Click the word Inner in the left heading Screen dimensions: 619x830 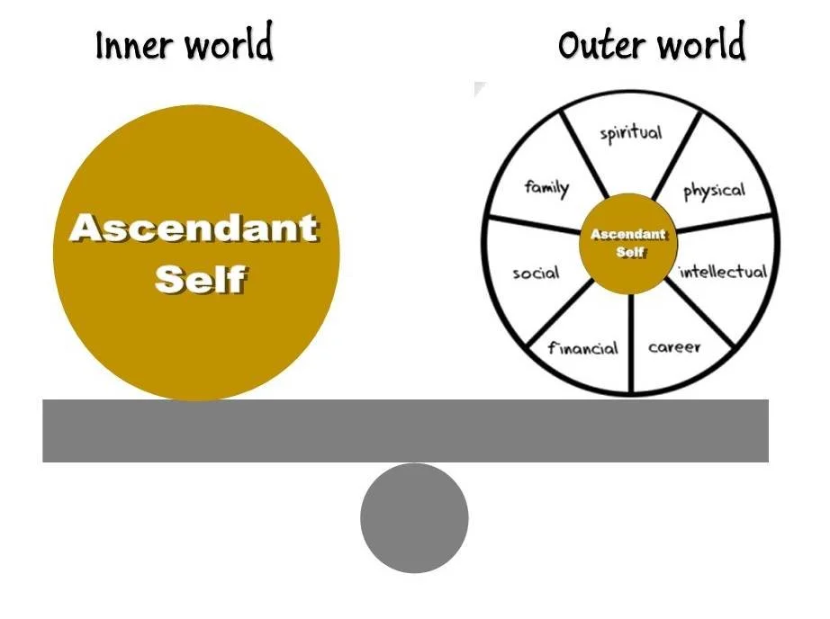pyautogui.click(x=135, y=44)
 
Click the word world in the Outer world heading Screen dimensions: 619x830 pyautogui.click(x=702, y=44)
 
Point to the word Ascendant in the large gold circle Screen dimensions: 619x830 pyautogui.click(x=194, y=228)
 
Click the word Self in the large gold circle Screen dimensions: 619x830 pyautogui.click(x=200, y=279)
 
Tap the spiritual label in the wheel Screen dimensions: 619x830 pyautogui.click(x=630, y=133)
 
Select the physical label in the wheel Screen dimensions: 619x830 pyautogui.click(x=714, y=190)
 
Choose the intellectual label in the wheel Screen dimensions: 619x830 pyautogui.click(x=723, y=271)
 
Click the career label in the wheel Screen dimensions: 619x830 pyautogui.click(x=674, y=346)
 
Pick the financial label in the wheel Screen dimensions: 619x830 pyautogui.click(x=583, y=347)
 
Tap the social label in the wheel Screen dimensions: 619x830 pyautogui.click(x=536, y=273)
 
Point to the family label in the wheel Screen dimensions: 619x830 pyautogui.click(x=546, y=188)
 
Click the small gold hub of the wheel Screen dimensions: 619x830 pyautogui.click(x=629, y=243)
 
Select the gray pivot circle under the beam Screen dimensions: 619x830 pyautogui.click(x=414, y=518)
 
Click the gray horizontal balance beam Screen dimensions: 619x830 pyautogui.click(x=405, y=431)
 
